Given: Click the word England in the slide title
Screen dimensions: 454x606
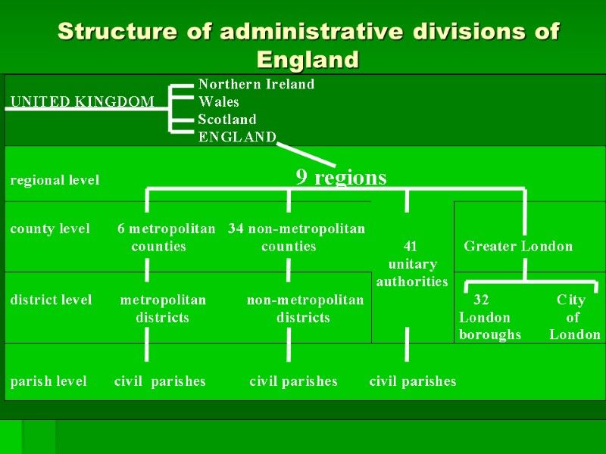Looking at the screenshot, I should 308,59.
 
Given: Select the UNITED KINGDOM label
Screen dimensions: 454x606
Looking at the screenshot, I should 82,101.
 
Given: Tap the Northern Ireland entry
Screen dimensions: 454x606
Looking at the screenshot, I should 256,84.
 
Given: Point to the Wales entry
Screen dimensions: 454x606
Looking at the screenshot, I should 218,101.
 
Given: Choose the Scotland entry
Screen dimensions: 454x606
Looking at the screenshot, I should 227,120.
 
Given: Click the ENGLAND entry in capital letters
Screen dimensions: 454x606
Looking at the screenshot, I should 237,137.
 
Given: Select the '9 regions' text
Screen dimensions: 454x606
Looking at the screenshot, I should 341,178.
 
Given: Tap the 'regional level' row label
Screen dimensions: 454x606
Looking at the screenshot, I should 55,180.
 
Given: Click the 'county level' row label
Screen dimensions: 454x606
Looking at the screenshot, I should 50,229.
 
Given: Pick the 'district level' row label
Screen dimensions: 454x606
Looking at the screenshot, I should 51,300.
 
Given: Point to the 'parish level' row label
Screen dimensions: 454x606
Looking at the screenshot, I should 48,381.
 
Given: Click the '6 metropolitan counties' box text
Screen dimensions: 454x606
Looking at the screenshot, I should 166,237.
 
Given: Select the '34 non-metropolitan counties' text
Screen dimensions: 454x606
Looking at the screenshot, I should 296,237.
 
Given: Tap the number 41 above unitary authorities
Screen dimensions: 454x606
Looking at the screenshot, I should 411,246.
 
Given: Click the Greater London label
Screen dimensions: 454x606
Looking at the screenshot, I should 518,246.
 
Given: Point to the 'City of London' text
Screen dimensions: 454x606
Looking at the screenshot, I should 573,317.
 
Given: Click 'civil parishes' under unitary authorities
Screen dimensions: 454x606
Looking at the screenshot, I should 413,381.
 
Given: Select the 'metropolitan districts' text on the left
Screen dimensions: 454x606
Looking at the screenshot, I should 163,309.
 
